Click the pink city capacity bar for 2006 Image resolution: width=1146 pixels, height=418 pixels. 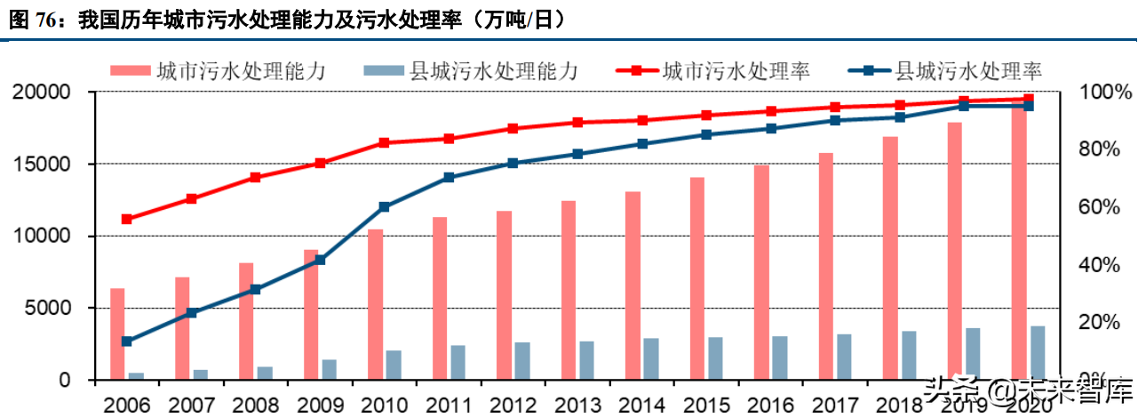[117, 334]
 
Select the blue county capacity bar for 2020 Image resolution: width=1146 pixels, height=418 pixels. [1038, 353]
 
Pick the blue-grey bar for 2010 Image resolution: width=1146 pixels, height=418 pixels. [394, 365]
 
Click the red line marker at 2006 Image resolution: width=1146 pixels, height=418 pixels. [127, 219]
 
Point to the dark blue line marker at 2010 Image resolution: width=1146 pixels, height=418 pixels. [385, 206]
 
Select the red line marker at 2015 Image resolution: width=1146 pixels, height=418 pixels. [706, 115]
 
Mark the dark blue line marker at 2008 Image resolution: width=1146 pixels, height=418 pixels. [256, 289]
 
